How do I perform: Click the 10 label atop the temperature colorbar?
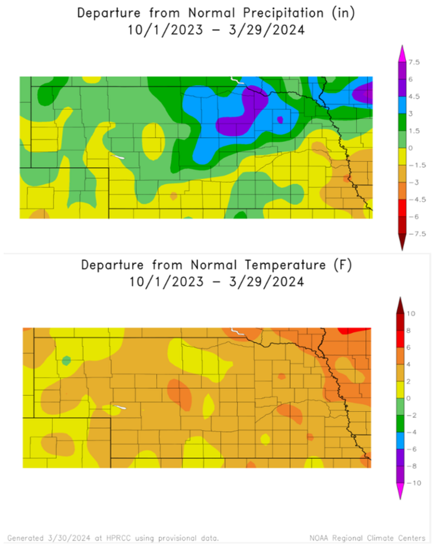click(x=411, y=313)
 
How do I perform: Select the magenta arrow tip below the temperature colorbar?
click(x=400, y=492)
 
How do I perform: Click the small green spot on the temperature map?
click(x=67, y=361)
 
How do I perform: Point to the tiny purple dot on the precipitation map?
click(x=280, y=120)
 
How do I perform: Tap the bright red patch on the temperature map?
click(x=358, y=330)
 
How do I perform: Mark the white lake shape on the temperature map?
click(x=120, y=407)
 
